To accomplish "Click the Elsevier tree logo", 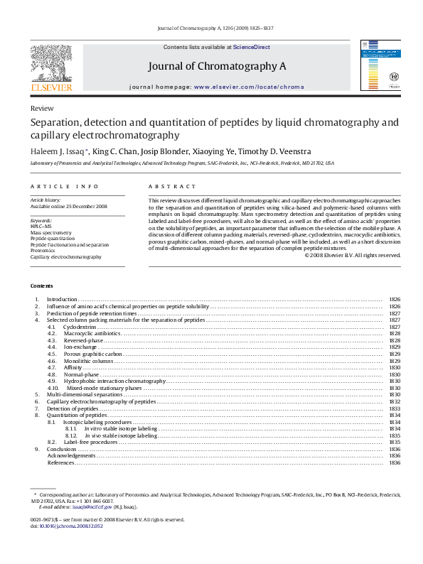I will click(51, 65).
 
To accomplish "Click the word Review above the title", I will click(41, 108).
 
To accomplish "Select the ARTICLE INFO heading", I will click(65, 187).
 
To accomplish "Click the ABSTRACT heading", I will click(172, 187).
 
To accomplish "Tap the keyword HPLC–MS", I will click(41, 227).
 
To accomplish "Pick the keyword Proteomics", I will click(42, 251).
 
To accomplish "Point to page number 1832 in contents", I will click(395, 401).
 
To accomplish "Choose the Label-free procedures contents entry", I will click(90, 443).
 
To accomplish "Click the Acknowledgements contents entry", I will click(71, 456).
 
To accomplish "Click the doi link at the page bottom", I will click(70, 526).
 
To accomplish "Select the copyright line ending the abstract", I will click(352, 255).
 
